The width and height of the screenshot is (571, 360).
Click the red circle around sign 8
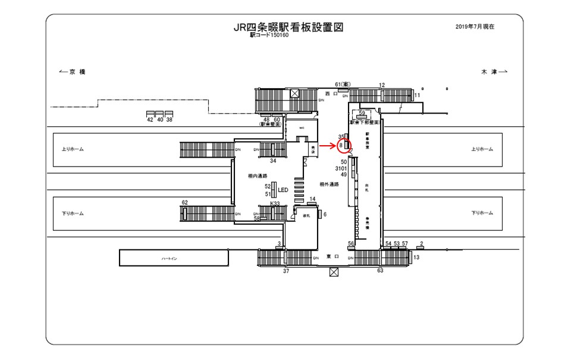346,145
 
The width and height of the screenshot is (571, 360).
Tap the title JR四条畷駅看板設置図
289,27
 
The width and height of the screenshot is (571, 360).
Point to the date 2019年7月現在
475,27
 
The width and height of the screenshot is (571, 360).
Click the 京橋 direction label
73,72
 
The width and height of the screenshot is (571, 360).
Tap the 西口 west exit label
331,93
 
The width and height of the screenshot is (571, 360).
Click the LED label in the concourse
283,190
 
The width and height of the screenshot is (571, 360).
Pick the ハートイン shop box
174,258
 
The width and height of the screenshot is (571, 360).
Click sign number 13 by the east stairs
416,257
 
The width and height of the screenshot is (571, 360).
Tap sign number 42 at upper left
150,120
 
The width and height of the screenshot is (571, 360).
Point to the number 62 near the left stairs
184,203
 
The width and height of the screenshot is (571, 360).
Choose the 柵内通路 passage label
257,176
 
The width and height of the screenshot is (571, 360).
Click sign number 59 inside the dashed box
362,112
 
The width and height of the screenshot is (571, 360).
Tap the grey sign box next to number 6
319,214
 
